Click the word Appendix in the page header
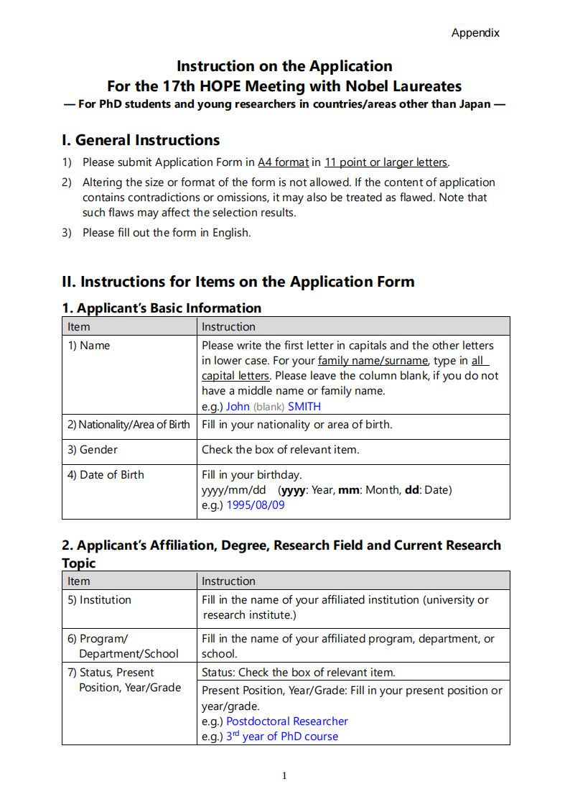click(x=475, y=33)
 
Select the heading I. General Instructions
click(x=141, y=140)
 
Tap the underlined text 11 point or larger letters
click(x=386, y=162)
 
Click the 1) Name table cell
click(x=89, y=346)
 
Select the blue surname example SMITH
click(x=304, y=407)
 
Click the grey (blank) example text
click(x=268, y=407)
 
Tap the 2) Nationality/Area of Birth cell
click(x=129, y=425)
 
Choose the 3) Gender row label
click(x=93, y=450)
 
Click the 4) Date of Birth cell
click(x=106, y=475)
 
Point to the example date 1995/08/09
click(x=256, y=505)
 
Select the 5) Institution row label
click(x=100, y=600)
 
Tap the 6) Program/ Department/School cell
click(x=123, y=646)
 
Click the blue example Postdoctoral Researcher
click(x=287, y=721)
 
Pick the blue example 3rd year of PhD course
click(x=282, y=737)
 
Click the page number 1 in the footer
click(x=284, y=775)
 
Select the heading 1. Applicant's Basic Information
click(x=162, y=308)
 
